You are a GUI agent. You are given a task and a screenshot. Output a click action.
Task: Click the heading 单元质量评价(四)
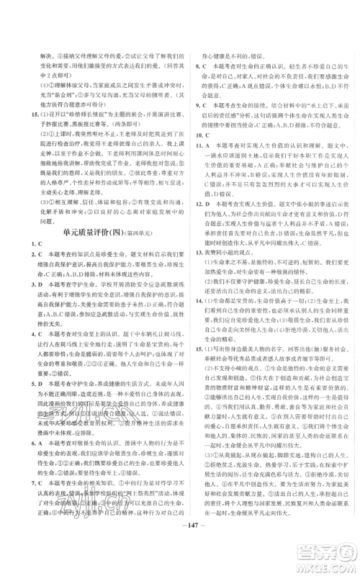point(80,231)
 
